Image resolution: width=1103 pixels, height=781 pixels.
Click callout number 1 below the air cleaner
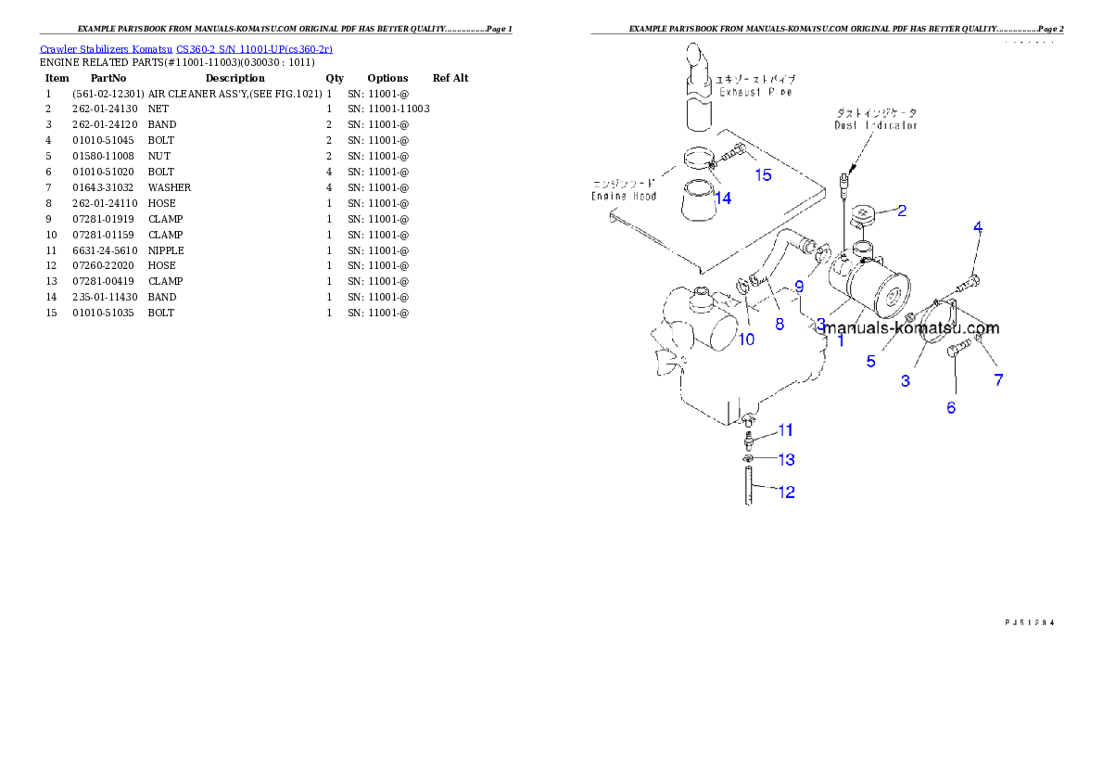click(x=841, y=340)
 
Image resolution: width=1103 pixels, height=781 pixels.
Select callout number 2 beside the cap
click(x=901, y=211)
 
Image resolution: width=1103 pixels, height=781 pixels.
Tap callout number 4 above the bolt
click(x=977, y=227)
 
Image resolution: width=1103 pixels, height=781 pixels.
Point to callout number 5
click(x=870, y=362)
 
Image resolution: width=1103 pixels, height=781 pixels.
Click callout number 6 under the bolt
click(x=951, y=407)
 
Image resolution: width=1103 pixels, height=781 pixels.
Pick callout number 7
click(x=998, y=379)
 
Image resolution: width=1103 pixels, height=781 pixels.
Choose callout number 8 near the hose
click(x=780, y=325)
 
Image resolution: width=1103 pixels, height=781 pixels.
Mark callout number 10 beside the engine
click(x=746, y=339)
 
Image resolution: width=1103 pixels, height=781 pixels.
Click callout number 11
click(x=785, y=430)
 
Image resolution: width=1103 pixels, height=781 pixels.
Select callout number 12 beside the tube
click(x=785, y=493)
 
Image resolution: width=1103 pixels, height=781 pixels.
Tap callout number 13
click(x=786, y=460)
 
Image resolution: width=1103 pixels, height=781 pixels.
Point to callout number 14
click(x=723, y=198)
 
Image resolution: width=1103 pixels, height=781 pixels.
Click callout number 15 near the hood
click(x=762, y=175)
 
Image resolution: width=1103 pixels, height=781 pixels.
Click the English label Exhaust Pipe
click(x=754, y=93)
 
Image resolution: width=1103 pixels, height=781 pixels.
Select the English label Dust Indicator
click(x=876, y=124)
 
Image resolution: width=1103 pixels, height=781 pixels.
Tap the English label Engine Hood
click(x=624, y=196)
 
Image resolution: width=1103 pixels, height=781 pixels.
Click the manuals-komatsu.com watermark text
click(x=912, y=327)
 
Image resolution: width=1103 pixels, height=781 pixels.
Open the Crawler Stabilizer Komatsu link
click(x=186, y=49)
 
